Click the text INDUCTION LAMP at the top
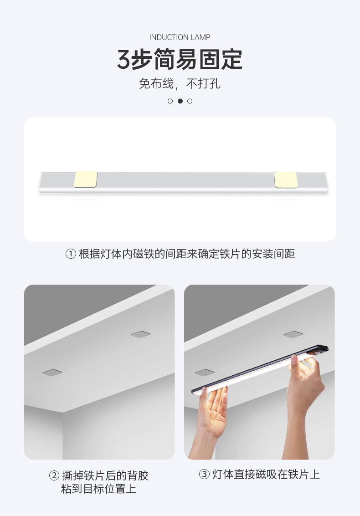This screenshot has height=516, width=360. pos(180,37)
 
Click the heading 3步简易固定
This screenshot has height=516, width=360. pos(180,60)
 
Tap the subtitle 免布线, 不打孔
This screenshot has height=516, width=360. pos(180,84)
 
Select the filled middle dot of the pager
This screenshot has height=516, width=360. pos(180,101)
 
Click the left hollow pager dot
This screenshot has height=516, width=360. pos(170,101)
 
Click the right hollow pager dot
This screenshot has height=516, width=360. pos(190,101)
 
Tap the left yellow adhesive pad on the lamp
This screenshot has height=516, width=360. pos(86,179)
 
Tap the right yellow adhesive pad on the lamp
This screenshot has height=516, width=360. pos(286,179)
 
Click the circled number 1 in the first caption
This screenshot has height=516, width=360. pos(70,254)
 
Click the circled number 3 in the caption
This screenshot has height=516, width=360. pos(204,475)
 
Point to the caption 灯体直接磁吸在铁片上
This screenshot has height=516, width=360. pos(266,475)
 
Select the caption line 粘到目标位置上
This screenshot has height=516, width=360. pos(99,490)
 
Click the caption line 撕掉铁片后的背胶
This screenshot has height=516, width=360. pos(105,476)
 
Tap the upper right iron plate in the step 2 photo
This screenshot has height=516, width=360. pos(141,334)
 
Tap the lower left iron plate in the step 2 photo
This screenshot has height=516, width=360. pos(52,373)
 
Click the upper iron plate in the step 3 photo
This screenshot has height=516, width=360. pos(293,334)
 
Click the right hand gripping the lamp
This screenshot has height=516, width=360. pos(304,383)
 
